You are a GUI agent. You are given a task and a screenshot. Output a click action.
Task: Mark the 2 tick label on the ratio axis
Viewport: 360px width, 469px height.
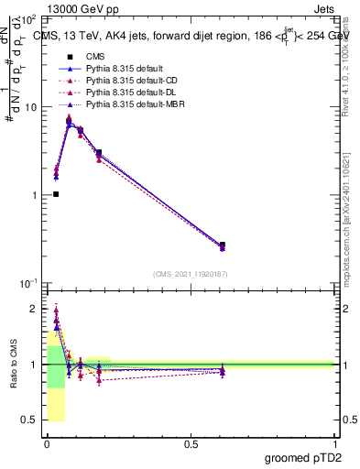point(35,309)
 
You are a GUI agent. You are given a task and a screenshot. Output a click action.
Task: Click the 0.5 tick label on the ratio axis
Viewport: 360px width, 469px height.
point(29,420)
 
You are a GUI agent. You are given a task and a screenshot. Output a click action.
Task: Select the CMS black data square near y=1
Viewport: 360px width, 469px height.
point(56,194)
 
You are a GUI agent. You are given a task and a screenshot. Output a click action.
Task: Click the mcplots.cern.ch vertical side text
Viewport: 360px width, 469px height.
point(352,229)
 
